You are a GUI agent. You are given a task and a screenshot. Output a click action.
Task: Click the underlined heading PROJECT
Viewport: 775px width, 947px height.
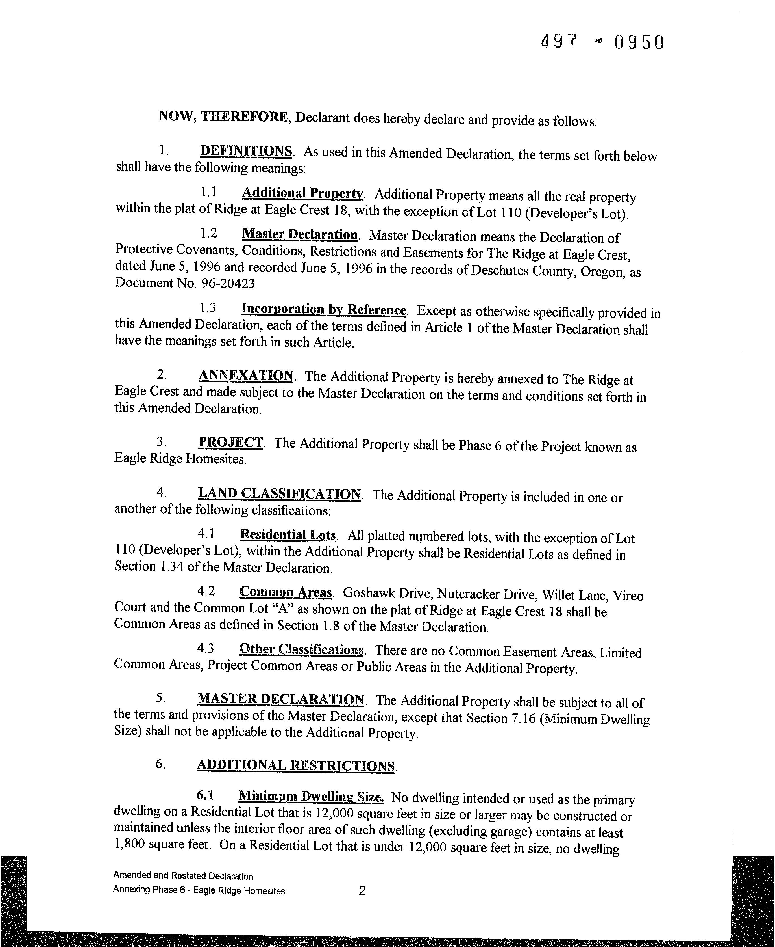point(231,443)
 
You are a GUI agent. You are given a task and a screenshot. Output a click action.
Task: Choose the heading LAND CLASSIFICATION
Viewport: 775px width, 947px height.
point(279,494)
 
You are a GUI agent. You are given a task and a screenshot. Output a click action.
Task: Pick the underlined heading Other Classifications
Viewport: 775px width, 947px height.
point(302,649)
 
